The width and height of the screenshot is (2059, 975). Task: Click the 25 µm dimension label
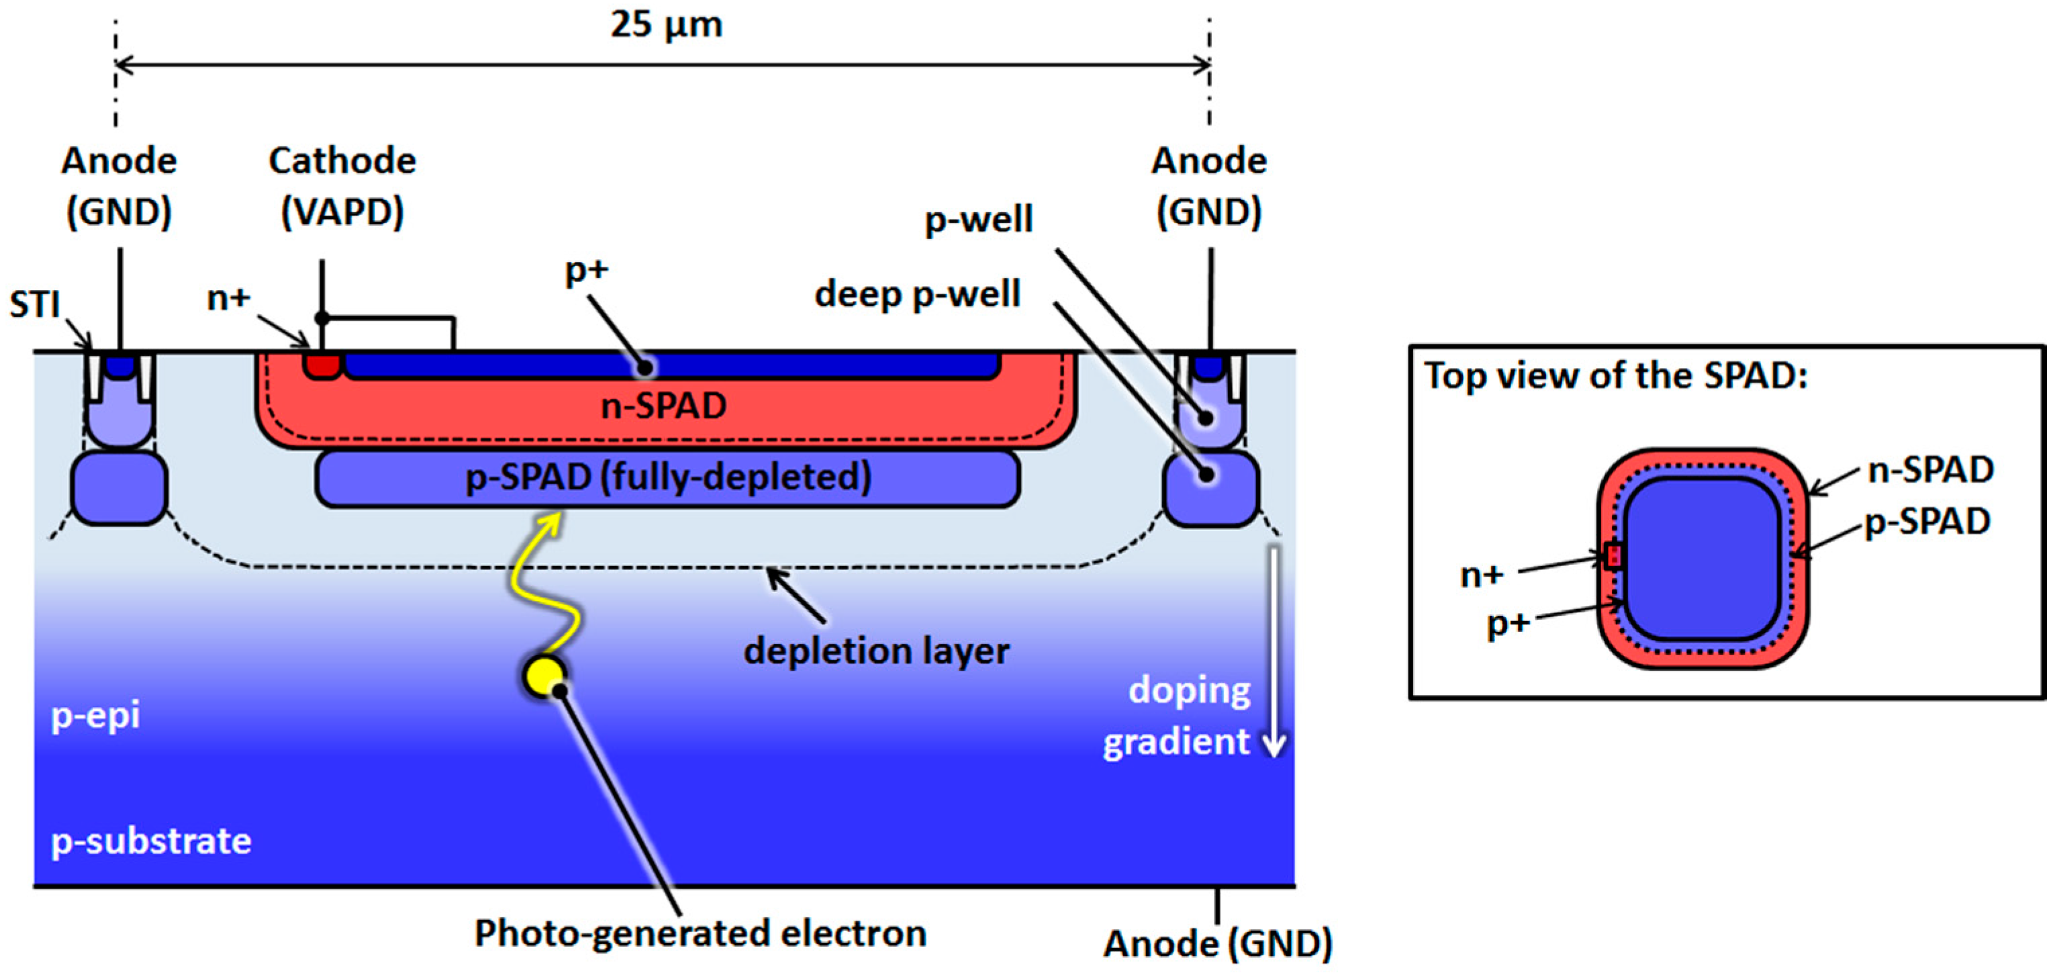pos(666,25)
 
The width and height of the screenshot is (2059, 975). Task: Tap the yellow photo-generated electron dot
pos(544,676)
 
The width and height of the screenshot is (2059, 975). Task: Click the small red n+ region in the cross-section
pos(322,366)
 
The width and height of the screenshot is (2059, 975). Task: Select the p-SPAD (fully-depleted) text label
pos(667,478)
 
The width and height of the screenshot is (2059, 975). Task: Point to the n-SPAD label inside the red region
pos(663,406)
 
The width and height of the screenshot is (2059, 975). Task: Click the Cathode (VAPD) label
pos(342,186)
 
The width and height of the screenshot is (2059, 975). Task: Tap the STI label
pos(34,304)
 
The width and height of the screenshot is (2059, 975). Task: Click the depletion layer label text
pos(876,651)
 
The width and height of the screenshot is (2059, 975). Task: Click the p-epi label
pos(95,714)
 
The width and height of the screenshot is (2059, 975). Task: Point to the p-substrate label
pos(151,841)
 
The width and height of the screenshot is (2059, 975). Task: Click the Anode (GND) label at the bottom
pos(1217,945)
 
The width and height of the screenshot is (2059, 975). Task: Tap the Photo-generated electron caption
pos(700,933)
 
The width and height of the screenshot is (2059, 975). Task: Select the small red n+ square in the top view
pos(1614,555)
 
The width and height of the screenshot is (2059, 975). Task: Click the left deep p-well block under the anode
pos(120,488)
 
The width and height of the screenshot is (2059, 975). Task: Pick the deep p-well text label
pos(917,294)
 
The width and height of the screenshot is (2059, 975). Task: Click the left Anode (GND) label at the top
pos(119,186)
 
